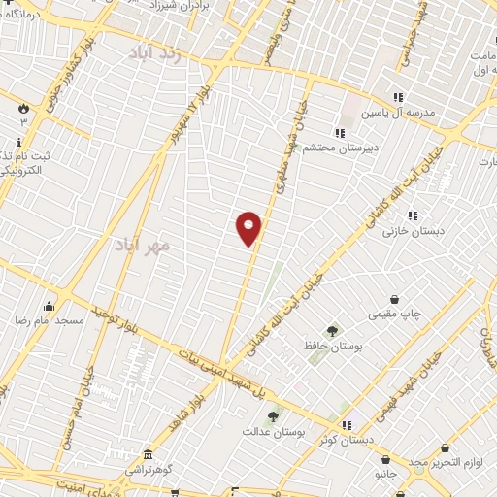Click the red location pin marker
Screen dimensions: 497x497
249,228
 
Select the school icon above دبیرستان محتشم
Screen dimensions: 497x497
339,133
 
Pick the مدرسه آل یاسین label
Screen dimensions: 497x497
398,113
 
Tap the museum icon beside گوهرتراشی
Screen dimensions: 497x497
147,455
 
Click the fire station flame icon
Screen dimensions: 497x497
24,109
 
